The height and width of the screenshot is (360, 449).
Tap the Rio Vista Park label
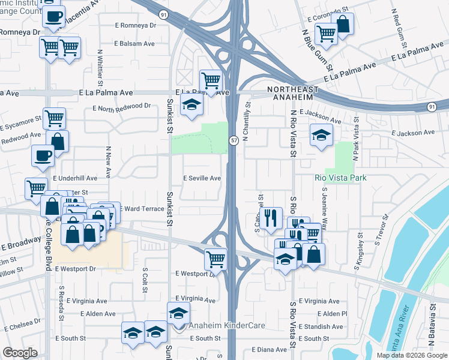pos(340,178)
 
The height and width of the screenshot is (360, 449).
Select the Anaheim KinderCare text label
pos(227,326)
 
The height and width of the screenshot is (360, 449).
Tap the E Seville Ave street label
pos(202,178)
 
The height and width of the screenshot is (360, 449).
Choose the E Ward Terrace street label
pos(142,208)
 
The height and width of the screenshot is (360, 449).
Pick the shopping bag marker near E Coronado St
pos(343,25)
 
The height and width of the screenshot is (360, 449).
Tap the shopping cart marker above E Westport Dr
pos(215,259)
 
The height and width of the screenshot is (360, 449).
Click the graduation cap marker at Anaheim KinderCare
pos(178,313)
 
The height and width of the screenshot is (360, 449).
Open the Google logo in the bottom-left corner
pos(20,353)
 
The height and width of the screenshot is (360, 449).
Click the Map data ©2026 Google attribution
pos(412,355)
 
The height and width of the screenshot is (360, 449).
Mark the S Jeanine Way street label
pos(325,208)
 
